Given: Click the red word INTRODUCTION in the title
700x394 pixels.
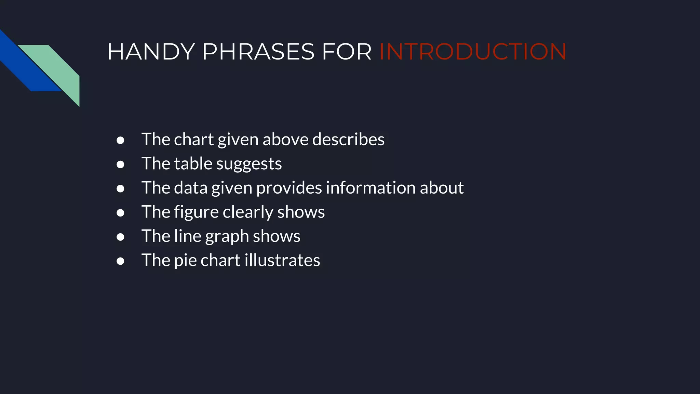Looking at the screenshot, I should point(473,52).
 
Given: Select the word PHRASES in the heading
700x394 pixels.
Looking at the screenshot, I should point(258,52).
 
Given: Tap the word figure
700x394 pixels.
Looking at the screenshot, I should point(196,212).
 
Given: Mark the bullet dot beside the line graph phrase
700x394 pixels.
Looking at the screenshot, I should point(120,237).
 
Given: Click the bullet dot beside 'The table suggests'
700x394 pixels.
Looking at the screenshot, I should point(120,165).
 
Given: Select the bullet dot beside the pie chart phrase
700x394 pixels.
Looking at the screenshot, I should point(120,261).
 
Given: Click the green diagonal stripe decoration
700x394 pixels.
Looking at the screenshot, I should point(58,68).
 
